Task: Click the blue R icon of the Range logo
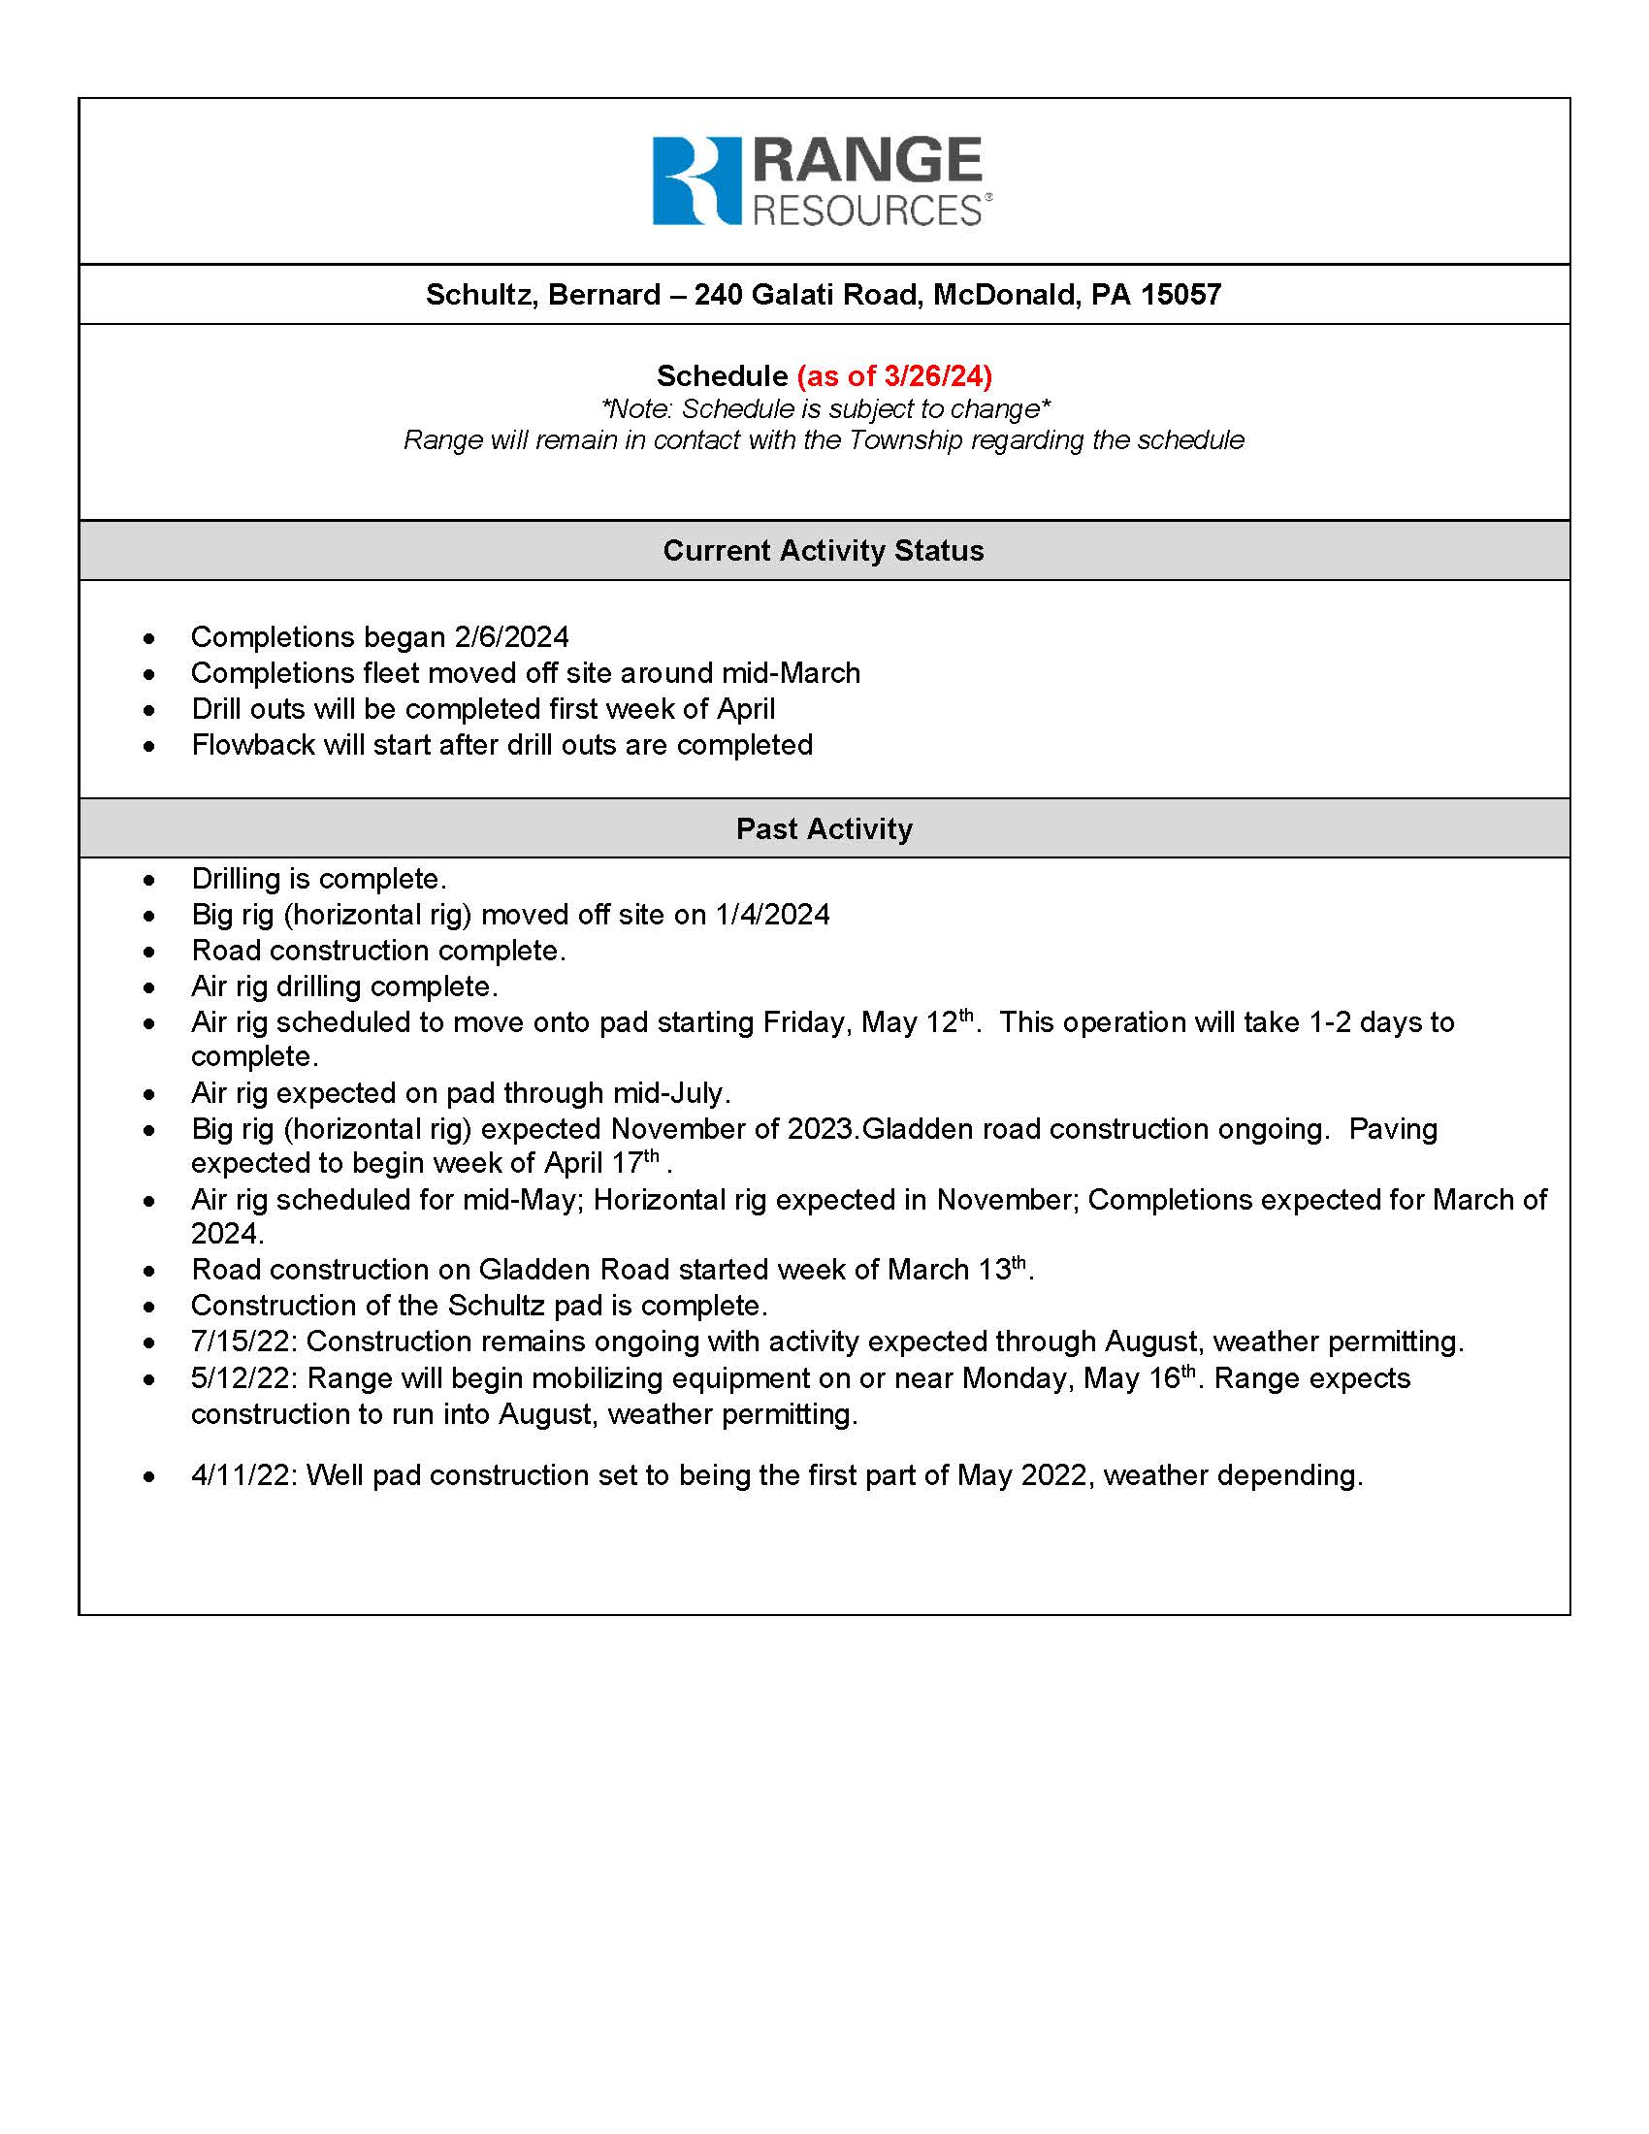pos(695,180)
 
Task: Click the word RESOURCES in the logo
pos(866,211)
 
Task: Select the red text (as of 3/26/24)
pos(894,375)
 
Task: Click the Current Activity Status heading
pos(824,550)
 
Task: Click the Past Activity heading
pos(824,828)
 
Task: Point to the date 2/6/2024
pos(511,637)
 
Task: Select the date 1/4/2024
pos(772,915)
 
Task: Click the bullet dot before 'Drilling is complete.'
pos(148,881)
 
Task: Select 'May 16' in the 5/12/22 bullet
pos(1131,1378)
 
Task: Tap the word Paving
pos(1392,1128)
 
